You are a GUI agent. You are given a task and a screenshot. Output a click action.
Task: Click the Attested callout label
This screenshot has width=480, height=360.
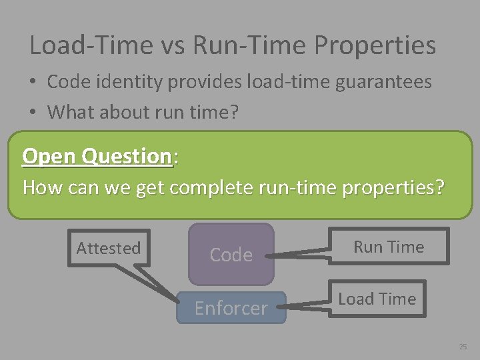109,248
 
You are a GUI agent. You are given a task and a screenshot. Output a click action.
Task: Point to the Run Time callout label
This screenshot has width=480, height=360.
389,247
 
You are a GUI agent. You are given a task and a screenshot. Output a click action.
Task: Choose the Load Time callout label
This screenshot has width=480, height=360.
377,299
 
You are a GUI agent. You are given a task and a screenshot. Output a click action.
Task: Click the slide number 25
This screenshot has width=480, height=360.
463,347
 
